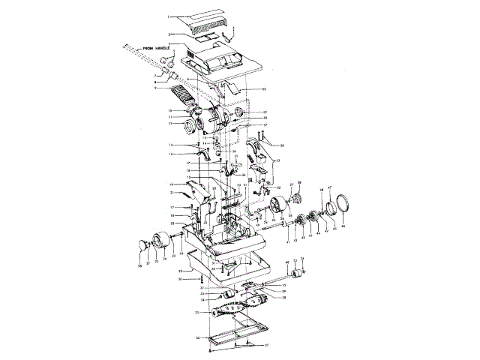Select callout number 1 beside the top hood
click(x=169, y=16)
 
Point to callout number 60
click(x=264, y=89)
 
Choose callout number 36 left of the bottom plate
click(x=196, y=338)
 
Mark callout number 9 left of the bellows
click(x=155, y=88)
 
